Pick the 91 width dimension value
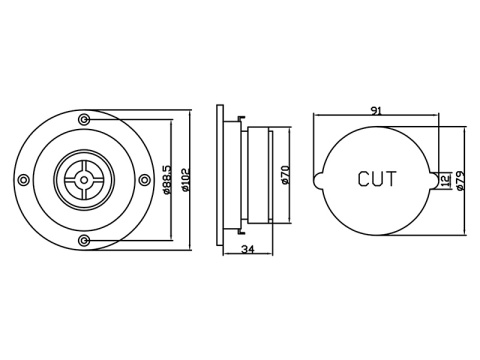pyautogui.click(x=375, y=111)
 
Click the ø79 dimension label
pyautogui.click(x=460, y=180)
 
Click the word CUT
pyautogui.click(x=377, y=180)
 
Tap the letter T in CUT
pyautogui.click(x=391, y=180)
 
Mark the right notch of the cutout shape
pyautogui.click(x=432, y=180)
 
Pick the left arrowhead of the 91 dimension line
pyautogui.click(x=316, y=118)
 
